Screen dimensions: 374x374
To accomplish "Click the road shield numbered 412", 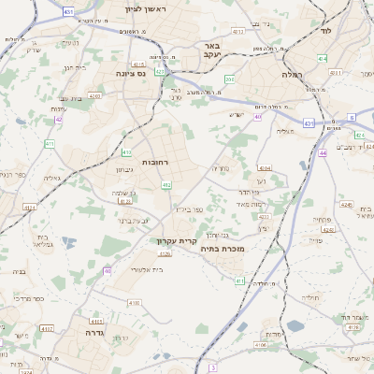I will [166, 186].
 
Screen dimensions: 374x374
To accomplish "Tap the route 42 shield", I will [58, 120].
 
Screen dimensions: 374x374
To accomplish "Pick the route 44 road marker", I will [323, 152].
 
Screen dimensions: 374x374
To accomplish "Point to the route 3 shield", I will [213, 356].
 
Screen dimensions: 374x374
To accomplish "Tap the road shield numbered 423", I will [160, 71].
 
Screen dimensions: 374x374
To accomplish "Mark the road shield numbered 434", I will [322, 58].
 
